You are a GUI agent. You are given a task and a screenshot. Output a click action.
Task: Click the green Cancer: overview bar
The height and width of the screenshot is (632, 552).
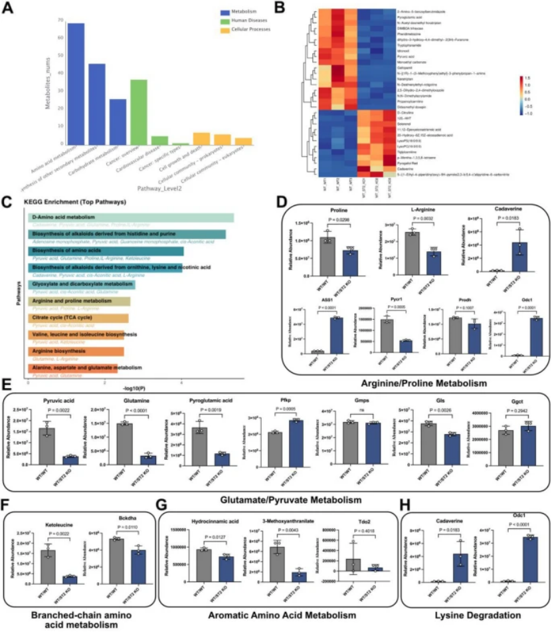138,112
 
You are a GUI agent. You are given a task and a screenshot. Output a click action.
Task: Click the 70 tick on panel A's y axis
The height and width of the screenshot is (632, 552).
43,20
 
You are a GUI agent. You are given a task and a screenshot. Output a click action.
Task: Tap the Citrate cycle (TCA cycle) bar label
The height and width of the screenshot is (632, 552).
62,318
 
